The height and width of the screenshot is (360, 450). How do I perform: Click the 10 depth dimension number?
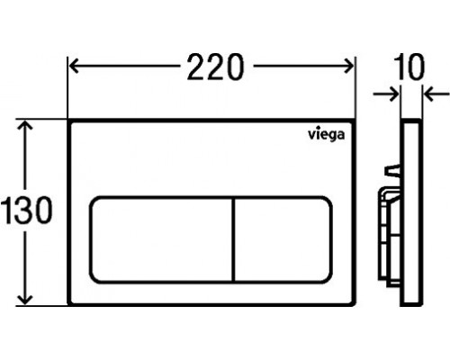point(410,67)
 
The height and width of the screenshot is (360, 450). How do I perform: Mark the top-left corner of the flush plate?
point(71,120)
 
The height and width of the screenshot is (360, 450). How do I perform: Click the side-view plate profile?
point(410,211)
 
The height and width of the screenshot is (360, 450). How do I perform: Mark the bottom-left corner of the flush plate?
point(71,303)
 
